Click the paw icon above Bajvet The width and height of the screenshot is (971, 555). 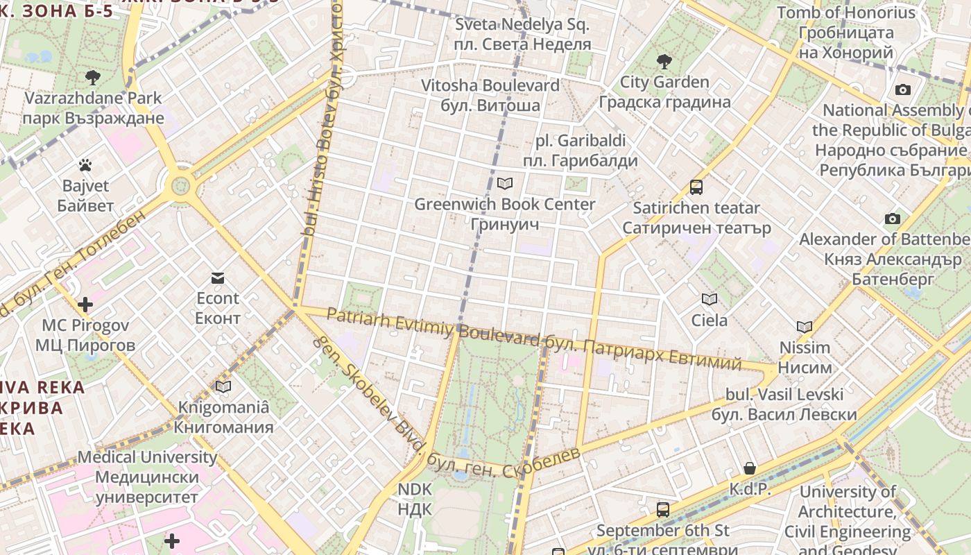pos(85,165)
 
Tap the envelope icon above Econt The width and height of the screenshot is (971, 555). pos(218,278)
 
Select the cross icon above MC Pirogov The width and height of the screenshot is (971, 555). pos(85,305)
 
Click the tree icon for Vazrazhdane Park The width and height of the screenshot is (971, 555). pos(92,77)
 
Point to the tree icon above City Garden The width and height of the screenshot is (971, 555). pos(664,61)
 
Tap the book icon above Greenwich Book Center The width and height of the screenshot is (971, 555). pos(504,183)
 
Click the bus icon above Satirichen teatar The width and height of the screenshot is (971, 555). pos(696,187)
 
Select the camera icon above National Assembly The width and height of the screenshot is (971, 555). pos(902,89)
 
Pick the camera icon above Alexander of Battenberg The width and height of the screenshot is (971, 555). pos(893,219)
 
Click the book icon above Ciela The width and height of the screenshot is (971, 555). pos(709,299)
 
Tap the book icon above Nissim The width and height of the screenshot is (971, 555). pos(804,327)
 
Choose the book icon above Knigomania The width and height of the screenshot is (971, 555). pos(223,386)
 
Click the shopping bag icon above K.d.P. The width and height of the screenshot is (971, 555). pos(749,468)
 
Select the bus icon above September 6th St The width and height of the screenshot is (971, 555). pos(662,510)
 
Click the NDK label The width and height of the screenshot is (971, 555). pos(415,499)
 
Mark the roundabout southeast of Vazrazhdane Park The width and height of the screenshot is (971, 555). pos(180,185)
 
